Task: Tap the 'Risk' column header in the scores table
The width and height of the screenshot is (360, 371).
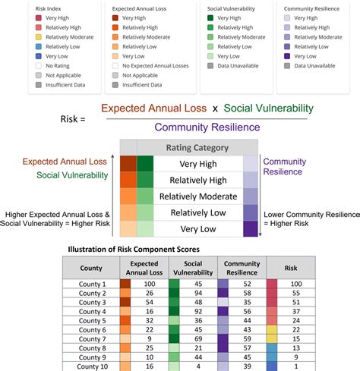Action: tap(289, 268)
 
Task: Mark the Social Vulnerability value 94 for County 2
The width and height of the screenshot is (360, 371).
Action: tap(198, 292)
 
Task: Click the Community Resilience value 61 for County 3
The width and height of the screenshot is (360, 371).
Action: tap(247, 302)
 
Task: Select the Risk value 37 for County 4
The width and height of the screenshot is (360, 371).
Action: tap(295, 311)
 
